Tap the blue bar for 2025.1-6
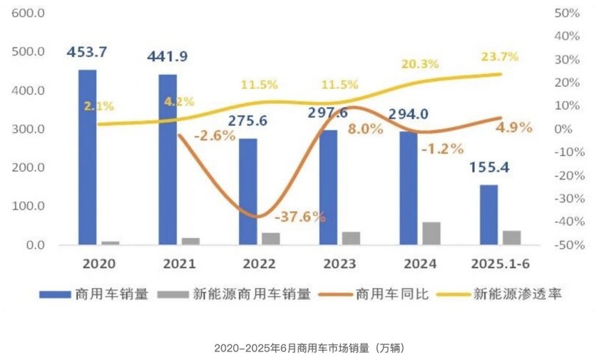pos(488,215)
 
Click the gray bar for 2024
pos(431,233)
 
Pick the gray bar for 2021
pos(190,241)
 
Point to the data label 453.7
pos(87,52)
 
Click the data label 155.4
pos(491,169)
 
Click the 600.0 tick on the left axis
pos(29,14)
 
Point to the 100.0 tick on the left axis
pos(29,207)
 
